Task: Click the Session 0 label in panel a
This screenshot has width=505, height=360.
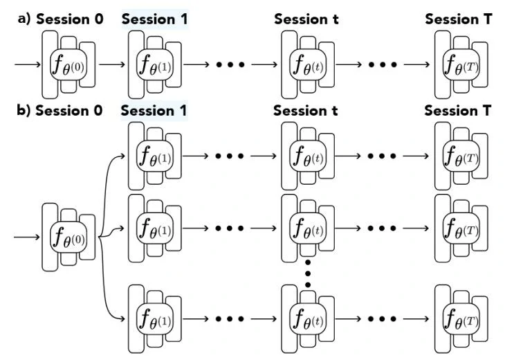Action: point(70,19)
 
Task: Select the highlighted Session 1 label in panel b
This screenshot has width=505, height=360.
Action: point(154,111)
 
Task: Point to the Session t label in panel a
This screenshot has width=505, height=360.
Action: point(306,19)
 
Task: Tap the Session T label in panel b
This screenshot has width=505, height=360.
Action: point(457,111)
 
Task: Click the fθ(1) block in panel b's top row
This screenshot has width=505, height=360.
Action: point(155,156)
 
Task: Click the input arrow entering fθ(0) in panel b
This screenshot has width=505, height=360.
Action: point(28,237)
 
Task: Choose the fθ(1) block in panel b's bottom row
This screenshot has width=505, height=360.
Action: point(155,320)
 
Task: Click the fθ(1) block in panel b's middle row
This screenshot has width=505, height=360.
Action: point(155,227)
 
